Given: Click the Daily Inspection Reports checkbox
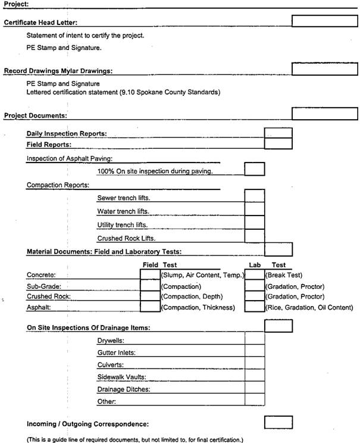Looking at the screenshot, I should [278, 133].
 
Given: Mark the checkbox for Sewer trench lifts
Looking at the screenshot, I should [254, 196].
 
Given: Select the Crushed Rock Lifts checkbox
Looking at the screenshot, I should [254, 237].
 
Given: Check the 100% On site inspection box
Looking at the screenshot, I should [254, 170].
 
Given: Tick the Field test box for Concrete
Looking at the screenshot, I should [149, 274].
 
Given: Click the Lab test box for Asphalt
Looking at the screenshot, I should [254, 307].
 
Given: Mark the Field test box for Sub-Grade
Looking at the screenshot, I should [149, 286].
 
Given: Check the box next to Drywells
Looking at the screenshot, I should [254, 340].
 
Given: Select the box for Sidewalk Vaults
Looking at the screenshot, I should [254, 377].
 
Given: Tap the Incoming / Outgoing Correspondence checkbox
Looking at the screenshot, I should [278, 423].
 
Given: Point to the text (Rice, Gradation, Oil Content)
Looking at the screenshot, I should [309, 307].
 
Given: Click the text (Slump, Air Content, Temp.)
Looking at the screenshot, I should [202, 275].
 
